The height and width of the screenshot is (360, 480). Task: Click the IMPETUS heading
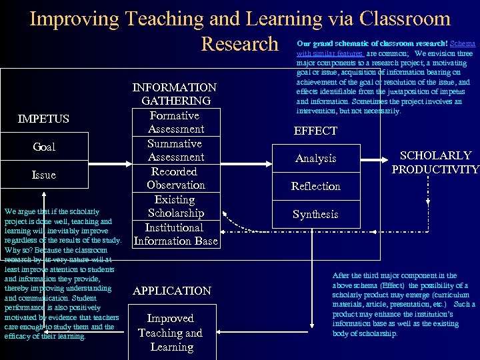click(x=43, y=119)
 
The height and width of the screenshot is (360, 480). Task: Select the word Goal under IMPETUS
click(x=44, y=147)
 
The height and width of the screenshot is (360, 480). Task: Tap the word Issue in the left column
click(x=44, y=175)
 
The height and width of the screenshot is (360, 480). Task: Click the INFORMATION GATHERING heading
click(x=175, y=94)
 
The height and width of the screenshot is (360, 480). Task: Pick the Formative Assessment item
click(x=175, y=122)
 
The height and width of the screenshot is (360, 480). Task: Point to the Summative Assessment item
click(x=175, y=150)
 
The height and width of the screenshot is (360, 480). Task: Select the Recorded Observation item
click(x=175, y=178)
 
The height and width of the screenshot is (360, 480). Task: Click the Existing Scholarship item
click(x=175, y=206)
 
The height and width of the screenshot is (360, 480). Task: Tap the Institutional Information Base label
click(x=175, y=234)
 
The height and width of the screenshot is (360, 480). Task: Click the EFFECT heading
click(x=315, y=131)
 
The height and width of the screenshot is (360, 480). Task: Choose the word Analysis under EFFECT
click(x=315, y=159)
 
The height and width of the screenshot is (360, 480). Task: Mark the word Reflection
click(x=315, y=187)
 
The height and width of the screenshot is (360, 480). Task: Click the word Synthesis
click(x=315, y=215)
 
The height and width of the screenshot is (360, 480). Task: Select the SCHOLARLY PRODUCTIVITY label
click(x=435, y=162)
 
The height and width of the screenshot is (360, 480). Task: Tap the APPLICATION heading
click(x=171, y=291)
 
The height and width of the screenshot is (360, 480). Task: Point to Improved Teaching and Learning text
click(x=171, y=333)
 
